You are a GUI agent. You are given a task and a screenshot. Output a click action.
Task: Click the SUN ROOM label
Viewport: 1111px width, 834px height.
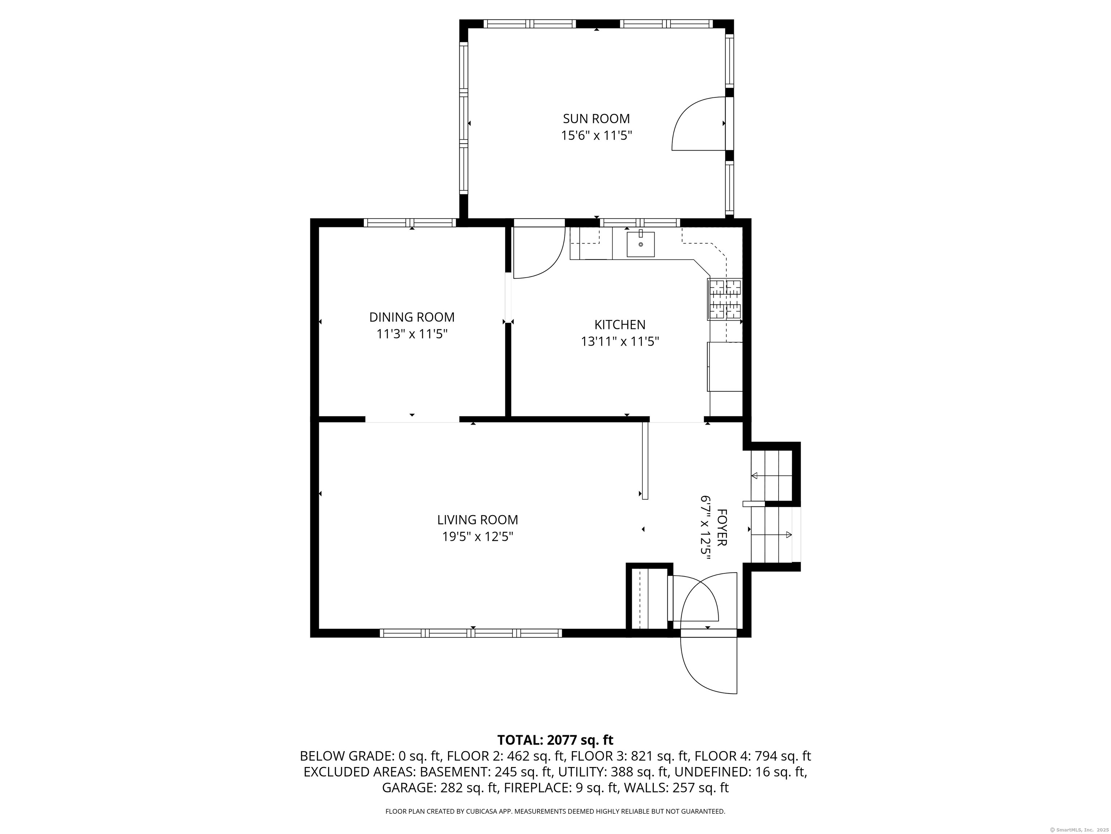coord(596,119)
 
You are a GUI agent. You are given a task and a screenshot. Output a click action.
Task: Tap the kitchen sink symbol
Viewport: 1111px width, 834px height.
coord(640,244)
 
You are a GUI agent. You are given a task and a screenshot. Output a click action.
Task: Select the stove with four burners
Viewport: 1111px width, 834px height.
coord(724,300)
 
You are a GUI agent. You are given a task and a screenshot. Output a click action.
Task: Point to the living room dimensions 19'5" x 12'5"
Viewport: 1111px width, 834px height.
coord(477,537)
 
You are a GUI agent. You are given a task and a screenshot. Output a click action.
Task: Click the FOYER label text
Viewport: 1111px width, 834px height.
coord(722,528)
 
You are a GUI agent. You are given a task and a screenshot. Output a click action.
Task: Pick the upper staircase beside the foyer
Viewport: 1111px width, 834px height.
coord(771,475)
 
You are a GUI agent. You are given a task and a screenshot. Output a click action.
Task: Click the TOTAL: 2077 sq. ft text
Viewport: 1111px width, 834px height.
coord(555,740)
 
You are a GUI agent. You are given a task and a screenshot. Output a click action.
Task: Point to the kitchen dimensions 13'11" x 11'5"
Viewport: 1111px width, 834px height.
coord(620,342)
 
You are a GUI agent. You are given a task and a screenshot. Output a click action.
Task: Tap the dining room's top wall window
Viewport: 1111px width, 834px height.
coord(410,223)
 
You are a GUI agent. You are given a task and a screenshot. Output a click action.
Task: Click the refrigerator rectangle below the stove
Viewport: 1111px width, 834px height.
coord(725,366)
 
